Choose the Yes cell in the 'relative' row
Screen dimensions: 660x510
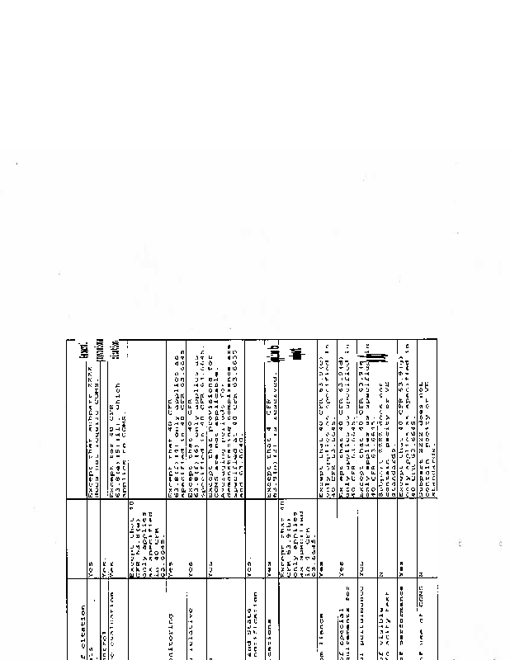click(191, 574)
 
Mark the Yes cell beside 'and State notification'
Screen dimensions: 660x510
click(249, 574)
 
